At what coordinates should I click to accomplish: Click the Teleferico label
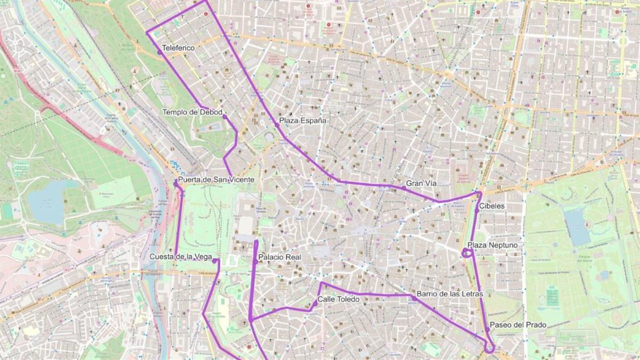click(178, 48)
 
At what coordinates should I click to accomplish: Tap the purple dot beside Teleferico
click(159, 52)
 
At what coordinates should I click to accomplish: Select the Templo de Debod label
click(192, 112)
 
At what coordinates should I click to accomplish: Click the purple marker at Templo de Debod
click(225, 117)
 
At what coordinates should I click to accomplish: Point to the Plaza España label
click(302, 121)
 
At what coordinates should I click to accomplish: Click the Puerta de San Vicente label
click(216, 180)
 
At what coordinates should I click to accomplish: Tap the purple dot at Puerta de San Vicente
click(175, 183)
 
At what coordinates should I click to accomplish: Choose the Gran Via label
click(421, 183)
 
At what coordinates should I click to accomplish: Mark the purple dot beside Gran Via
click(404, 188)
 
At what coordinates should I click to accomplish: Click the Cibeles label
click(492, 206)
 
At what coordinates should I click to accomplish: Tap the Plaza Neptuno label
click(492, 245)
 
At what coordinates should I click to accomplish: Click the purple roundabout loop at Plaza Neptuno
click(467, 253)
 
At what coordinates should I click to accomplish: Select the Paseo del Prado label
click(518, 325)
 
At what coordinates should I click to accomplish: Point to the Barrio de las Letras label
click(450, 294)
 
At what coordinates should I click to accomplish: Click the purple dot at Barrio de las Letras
click(414, 298)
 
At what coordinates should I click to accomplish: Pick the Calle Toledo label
click(338, 299)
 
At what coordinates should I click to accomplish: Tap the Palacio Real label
click(279, 257)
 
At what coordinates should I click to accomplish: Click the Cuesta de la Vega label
click(181, 257)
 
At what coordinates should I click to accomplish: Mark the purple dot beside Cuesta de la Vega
click(214, 261)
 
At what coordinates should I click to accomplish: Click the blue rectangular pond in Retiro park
click(578, 227)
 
